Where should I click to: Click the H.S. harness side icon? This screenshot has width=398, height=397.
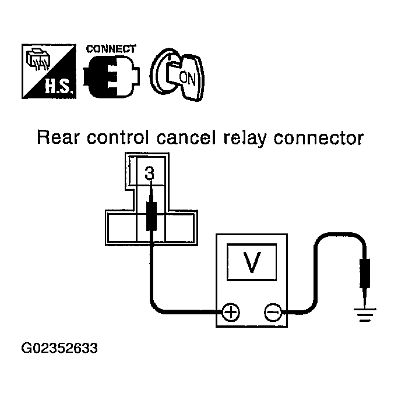49,71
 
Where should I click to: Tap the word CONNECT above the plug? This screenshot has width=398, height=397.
111,49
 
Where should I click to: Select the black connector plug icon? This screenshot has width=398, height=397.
111,76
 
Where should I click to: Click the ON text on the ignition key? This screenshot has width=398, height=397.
187,78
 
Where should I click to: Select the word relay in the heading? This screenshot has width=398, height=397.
245,138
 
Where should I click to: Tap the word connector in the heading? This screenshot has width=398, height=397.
319,138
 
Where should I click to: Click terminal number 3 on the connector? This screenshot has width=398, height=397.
150,173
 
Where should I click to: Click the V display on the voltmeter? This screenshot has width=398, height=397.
252,262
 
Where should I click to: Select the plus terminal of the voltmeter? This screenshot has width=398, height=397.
231,312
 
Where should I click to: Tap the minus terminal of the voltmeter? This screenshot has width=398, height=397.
273,312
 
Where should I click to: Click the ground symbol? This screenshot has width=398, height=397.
365,315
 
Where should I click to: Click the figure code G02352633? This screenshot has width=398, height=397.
59,348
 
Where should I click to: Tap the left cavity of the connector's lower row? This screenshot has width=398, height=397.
122,228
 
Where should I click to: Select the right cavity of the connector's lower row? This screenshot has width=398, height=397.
179,228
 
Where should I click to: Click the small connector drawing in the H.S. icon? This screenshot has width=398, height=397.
37,59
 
